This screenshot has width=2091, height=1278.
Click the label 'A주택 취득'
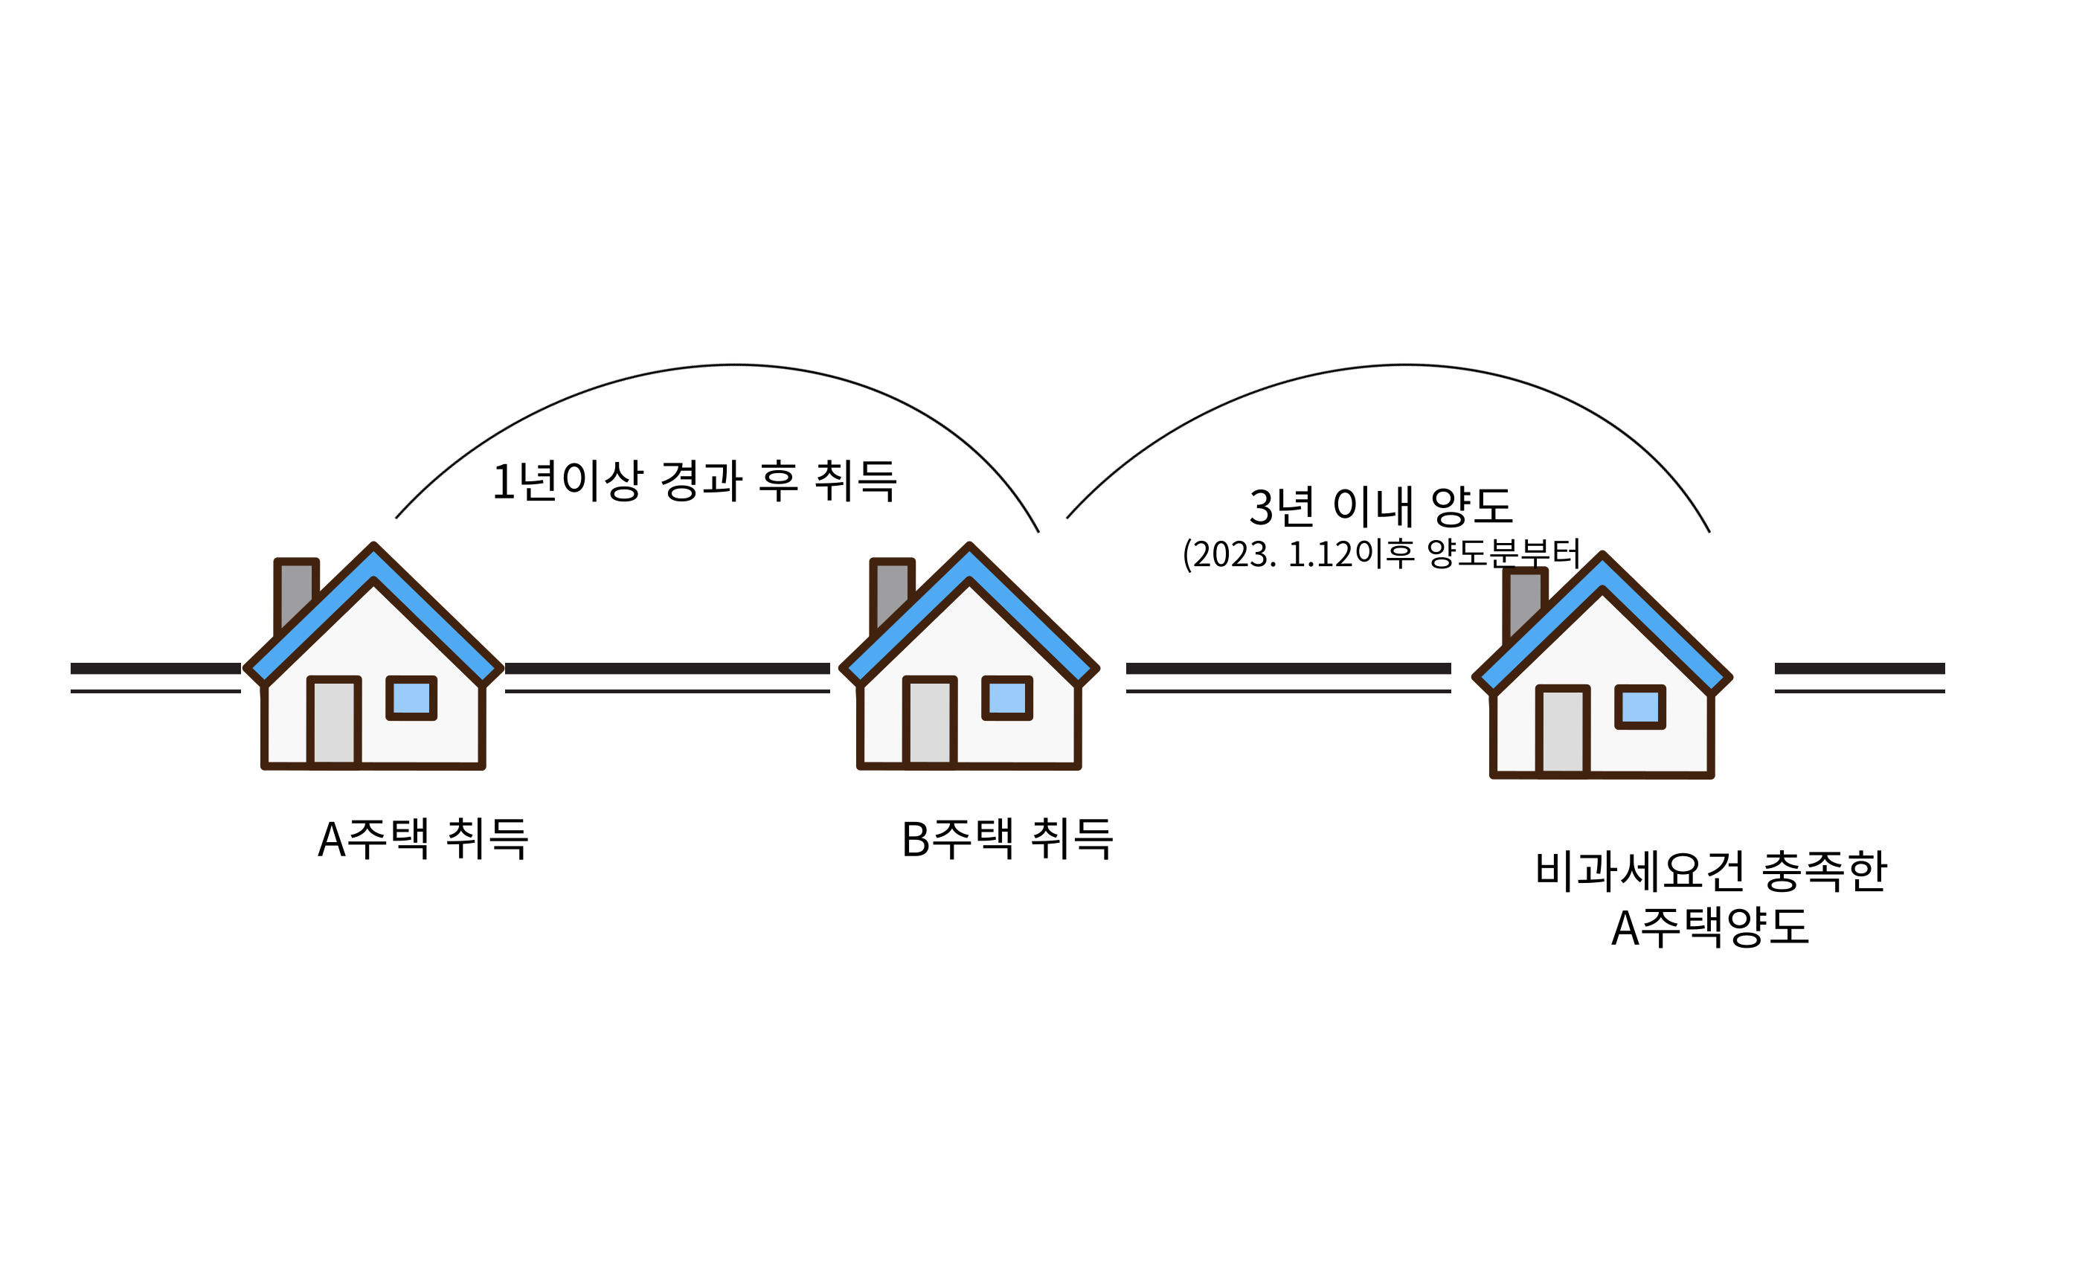click(423, 839)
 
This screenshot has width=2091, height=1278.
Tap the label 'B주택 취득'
click(1006, 839)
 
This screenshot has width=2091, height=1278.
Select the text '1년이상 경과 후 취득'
click(694, 481)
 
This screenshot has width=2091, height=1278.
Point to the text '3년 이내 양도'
click(1381, 507)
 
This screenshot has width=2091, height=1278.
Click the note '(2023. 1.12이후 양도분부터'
click(1381, 554)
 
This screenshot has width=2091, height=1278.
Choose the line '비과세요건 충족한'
click(1711, 872)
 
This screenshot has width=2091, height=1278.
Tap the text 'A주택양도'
click(1711, 928)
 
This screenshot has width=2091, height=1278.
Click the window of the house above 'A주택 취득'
click(411, 698)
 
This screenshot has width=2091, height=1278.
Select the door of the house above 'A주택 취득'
click(334, 722)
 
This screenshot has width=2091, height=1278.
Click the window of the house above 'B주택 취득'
click(1007, 698)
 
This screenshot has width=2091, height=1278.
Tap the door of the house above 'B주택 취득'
click(930, 722)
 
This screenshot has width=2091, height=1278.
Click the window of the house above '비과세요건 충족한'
click(1640, 706)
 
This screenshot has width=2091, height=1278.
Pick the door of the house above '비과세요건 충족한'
click(1563, 730)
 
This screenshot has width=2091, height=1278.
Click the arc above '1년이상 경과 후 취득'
click(735, 366)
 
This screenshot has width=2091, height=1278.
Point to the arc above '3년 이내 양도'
click(1404, 366)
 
